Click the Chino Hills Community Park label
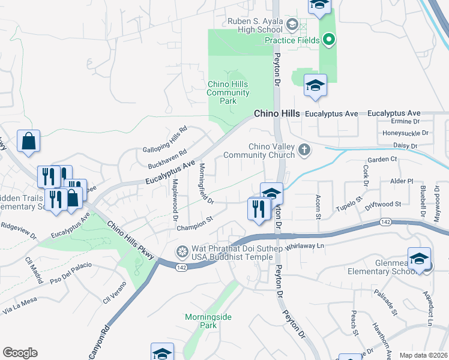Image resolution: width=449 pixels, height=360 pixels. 228,92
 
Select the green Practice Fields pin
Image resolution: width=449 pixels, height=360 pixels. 328,41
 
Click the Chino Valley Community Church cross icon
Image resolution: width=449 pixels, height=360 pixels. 305,149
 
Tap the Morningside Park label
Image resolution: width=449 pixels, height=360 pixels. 208,321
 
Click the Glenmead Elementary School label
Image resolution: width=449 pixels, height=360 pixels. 379,266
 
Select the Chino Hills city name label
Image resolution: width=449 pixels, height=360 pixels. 277,113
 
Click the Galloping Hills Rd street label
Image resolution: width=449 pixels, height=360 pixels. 165,140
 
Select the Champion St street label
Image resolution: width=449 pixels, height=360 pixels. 195,222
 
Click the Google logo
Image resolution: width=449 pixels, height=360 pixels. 20,353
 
